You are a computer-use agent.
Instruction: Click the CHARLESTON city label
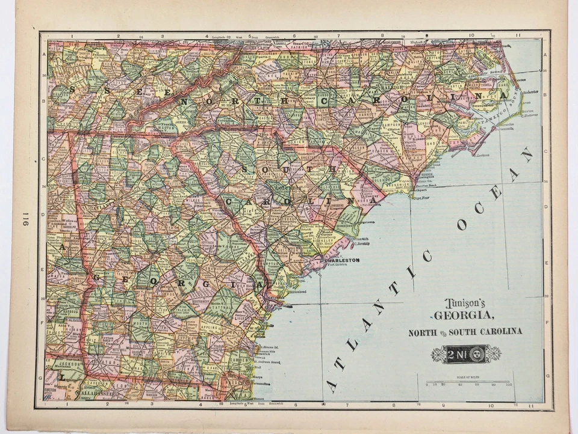pos(343,260)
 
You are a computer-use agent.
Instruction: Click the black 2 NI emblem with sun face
pos(465,354)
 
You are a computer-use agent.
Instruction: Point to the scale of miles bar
pos(467,382)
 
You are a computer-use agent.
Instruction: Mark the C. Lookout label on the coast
pos(481,155)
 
